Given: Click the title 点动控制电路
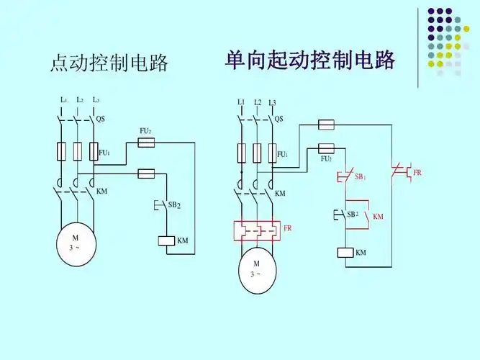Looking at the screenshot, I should [109, 63].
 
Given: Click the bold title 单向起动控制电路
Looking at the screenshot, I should [310, 60].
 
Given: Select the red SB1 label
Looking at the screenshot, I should [358, 176].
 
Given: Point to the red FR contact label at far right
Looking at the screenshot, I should [417, 174].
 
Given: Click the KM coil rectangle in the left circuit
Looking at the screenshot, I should [166, 241].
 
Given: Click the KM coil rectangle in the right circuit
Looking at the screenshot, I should [345, 253].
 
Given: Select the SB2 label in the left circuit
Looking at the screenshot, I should [174, 205].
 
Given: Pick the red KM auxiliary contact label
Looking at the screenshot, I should [378, 216].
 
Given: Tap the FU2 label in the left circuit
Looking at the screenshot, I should [145, 131].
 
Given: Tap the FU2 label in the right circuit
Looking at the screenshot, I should [326, 159].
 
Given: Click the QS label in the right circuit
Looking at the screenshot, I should [279, 119].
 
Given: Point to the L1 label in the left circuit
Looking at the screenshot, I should [64, 99].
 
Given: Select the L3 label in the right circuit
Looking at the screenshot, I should [273, 103].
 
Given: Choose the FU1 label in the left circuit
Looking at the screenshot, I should [104, 153].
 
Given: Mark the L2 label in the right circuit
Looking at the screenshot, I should [258, 102].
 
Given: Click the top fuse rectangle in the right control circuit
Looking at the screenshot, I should [326, 125].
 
